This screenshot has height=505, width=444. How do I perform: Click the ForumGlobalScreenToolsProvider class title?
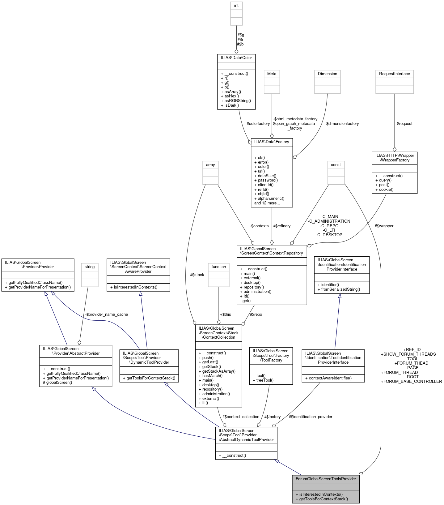326,479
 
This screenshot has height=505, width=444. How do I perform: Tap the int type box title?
236,6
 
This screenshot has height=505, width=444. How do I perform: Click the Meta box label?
272,74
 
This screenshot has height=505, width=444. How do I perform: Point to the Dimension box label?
327,74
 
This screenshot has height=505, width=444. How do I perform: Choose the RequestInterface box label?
394,74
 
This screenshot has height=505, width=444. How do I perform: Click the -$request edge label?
404,123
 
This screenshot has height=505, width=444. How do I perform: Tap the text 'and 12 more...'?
267,203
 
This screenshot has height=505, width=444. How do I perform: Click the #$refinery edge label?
281,226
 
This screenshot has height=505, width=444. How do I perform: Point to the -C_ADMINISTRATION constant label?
329,221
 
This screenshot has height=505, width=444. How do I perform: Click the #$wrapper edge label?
384,226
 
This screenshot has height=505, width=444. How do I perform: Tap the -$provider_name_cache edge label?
107,314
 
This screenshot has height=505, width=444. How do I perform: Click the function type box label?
218,267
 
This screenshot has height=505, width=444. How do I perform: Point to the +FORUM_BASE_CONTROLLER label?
411,381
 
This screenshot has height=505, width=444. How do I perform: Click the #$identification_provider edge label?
310,417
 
